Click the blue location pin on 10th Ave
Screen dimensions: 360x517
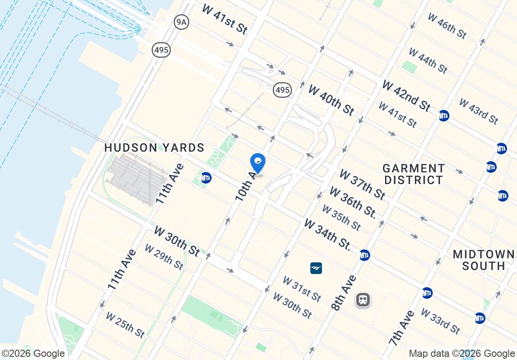[258, 163]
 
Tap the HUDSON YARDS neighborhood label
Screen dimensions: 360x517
[154, 148]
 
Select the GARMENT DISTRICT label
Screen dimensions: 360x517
[413, 174]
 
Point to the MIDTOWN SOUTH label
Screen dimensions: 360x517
[484, 260]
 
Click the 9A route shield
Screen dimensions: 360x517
[181, 22]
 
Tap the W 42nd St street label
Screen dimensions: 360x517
[406, 96]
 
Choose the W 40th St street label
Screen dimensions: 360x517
[331, 99]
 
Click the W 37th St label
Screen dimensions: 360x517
[362, 184]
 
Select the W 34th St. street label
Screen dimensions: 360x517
[327, 234]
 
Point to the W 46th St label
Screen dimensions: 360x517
[447, 26]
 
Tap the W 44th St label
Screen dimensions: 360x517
[428, 60]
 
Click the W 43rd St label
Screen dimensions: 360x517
[478, 111]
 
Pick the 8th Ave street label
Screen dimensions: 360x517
[344, 293]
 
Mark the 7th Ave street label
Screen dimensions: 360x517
[402, 328]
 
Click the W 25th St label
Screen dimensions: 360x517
[125, 324]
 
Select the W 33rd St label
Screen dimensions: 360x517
[440, 320]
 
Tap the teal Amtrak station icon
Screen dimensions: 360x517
[316, 268]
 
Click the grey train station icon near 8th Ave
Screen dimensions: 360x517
[363, 300]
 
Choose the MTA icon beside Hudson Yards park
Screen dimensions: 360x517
[206, 178]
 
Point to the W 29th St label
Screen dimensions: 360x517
[163, 257]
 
